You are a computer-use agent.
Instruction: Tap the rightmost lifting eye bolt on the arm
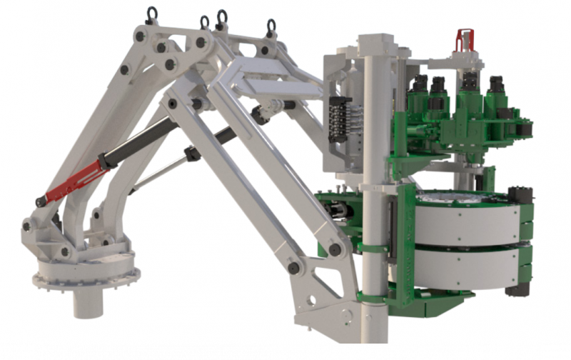coord(271,27)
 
